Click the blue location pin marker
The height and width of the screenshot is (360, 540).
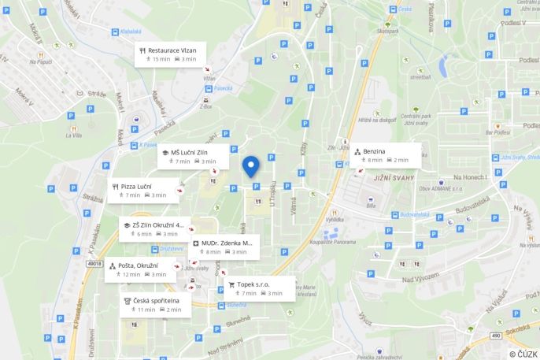[x=250, y=166]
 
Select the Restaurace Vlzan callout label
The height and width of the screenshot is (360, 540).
[x=171, y=54]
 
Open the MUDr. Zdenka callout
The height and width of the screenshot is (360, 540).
[x=224, y=247]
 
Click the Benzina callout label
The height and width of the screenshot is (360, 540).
[x=385, y=154]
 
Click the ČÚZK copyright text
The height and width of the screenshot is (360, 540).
[x=523, y=354]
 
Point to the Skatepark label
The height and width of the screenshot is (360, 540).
[x=387, y=32]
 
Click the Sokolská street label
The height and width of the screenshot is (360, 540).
[x=517, y=324]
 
